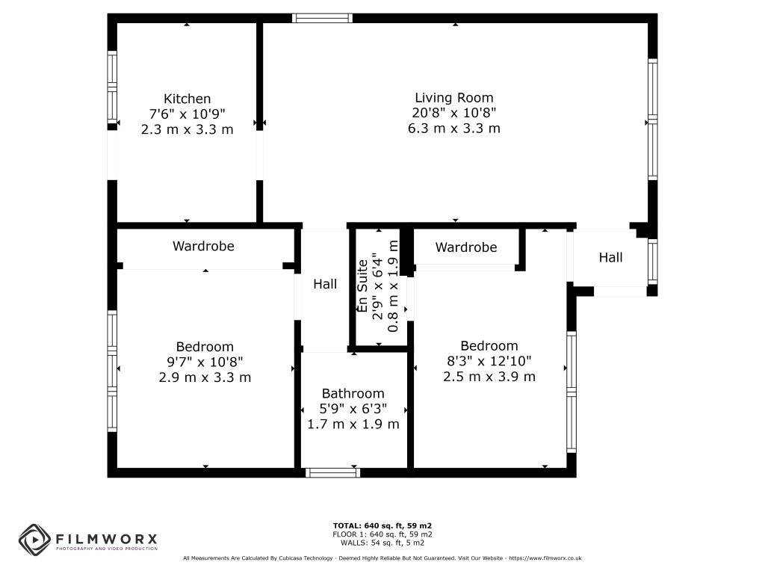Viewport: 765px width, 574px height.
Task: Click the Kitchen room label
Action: click(x=187, y=99)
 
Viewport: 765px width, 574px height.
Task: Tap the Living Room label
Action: click(x=453, y=98)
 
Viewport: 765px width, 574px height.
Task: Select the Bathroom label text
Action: click(x=353, y=393)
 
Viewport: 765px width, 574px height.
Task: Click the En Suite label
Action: click(x=362, y=286)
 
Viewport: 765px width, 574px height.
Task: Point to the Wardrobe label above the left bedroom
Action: click(x=203, y=246)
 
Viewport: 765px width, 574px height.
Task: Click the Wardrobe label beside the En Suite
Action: click(x=466, y=247)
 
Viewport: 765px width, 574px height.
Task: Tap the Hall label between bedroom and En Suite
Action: click(x=325, y=284)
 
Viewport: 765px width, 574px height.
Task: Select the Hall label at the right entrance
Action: click(x=610, y=257)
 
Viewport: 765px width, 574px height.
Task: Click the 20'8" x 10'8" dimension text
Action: click(x=453, y=113)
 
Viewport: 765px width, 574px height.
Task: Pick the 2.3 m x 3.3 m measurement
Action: click(x=187, y=130)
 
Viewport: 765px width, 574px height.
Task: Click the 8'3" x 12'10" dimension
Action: click(x=489, y=361)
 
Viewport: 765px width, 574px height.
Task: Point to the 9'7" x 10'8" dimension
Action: click(x=205, y=362)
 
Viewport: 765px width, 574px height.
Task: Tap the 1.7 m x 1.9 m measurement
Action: click(x=353, y=425)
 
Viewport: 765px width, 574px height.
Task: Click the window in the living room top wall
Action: click(x=322, y=19)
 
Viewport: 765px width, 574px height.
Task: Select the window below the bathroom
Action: click(x=332, y=472)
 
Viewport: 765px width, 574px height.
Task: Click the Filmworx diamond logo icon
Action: click(x=34, y=540)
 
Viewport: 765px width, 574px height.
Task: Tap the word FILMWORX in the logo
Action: click(x=106, y=539)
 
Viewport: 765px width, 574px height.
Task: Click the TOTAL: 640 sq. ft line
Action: click(x=382, y=525)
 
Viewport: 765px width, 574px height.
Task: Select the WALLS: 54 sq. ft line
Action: click(x=382, y=543)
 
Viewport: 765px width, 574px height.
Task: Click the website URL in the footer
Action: click(x=545, y=558)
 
